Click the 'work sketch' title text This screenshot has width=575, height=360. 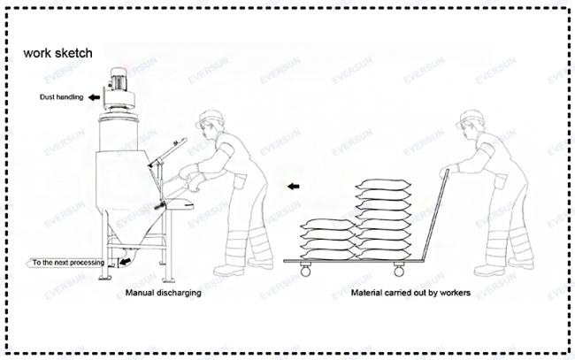[x=57, y=53]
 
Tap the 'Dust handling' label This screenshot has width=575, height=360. [x=61, y=97]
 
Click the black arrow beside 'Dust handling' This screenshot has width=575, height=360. [x=95, y=97]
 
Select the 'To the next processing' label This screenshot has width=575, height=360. [x=68, y=263]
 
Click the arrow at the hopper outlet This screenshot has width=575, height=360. [x=126, y=262]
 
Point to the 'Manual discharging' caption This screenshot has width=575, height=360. [x=163, y=293]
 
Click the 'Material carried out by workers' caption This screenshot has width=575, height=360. [x=410, y=293]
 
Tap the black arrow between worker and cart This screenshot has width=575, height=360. [x=294, y=187]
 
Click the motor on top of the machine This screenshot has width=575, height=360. [x=119, y=78]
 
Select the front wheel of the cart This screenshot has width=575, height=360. [x=305, y=271]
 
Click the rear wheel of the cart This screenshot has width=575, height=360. [x=399, y=272]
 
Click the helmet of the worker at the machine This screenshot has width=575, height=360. [x=211, y=118]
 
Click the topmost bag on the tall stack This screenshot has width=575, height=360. [x=384, y=183]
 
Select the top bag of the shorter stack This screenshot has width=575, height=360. [x=327, y=224]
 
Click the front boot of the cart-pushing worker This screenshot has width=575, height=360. [x=489, y=271]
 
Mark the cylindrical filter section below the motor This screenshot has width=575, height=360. [x=119, y=131]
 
